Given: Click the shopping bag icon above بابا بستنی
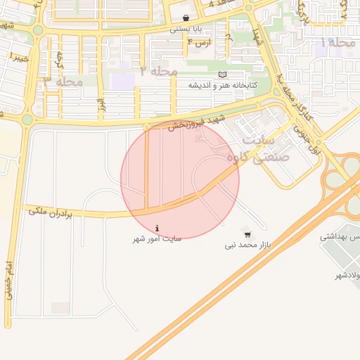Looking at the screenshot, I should tap(185, 19).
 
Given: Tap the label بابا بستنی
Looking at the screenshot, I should tap(185, 30).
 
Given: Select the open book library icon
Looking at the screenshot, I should tap(223, 75).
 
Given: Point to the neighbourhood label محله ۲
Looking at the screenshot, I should tap(158, 71).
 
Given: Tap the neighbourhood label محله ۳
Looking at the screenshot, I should tap(63, 82).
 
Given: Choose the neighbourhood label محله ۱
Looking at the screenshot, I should tap(338, 43).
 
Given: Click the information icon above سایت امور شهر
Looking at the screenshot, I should tap(157, 228).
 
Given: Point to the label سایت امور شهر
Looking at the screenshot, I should tap(157, 239).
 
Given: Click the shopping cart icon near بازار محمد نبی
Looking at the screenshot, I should tap(247, 233).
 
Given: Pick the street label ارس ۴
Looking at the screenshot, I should tap(200, 43).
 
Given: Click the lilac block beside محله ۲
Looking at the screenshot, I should tap(123, 79).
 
